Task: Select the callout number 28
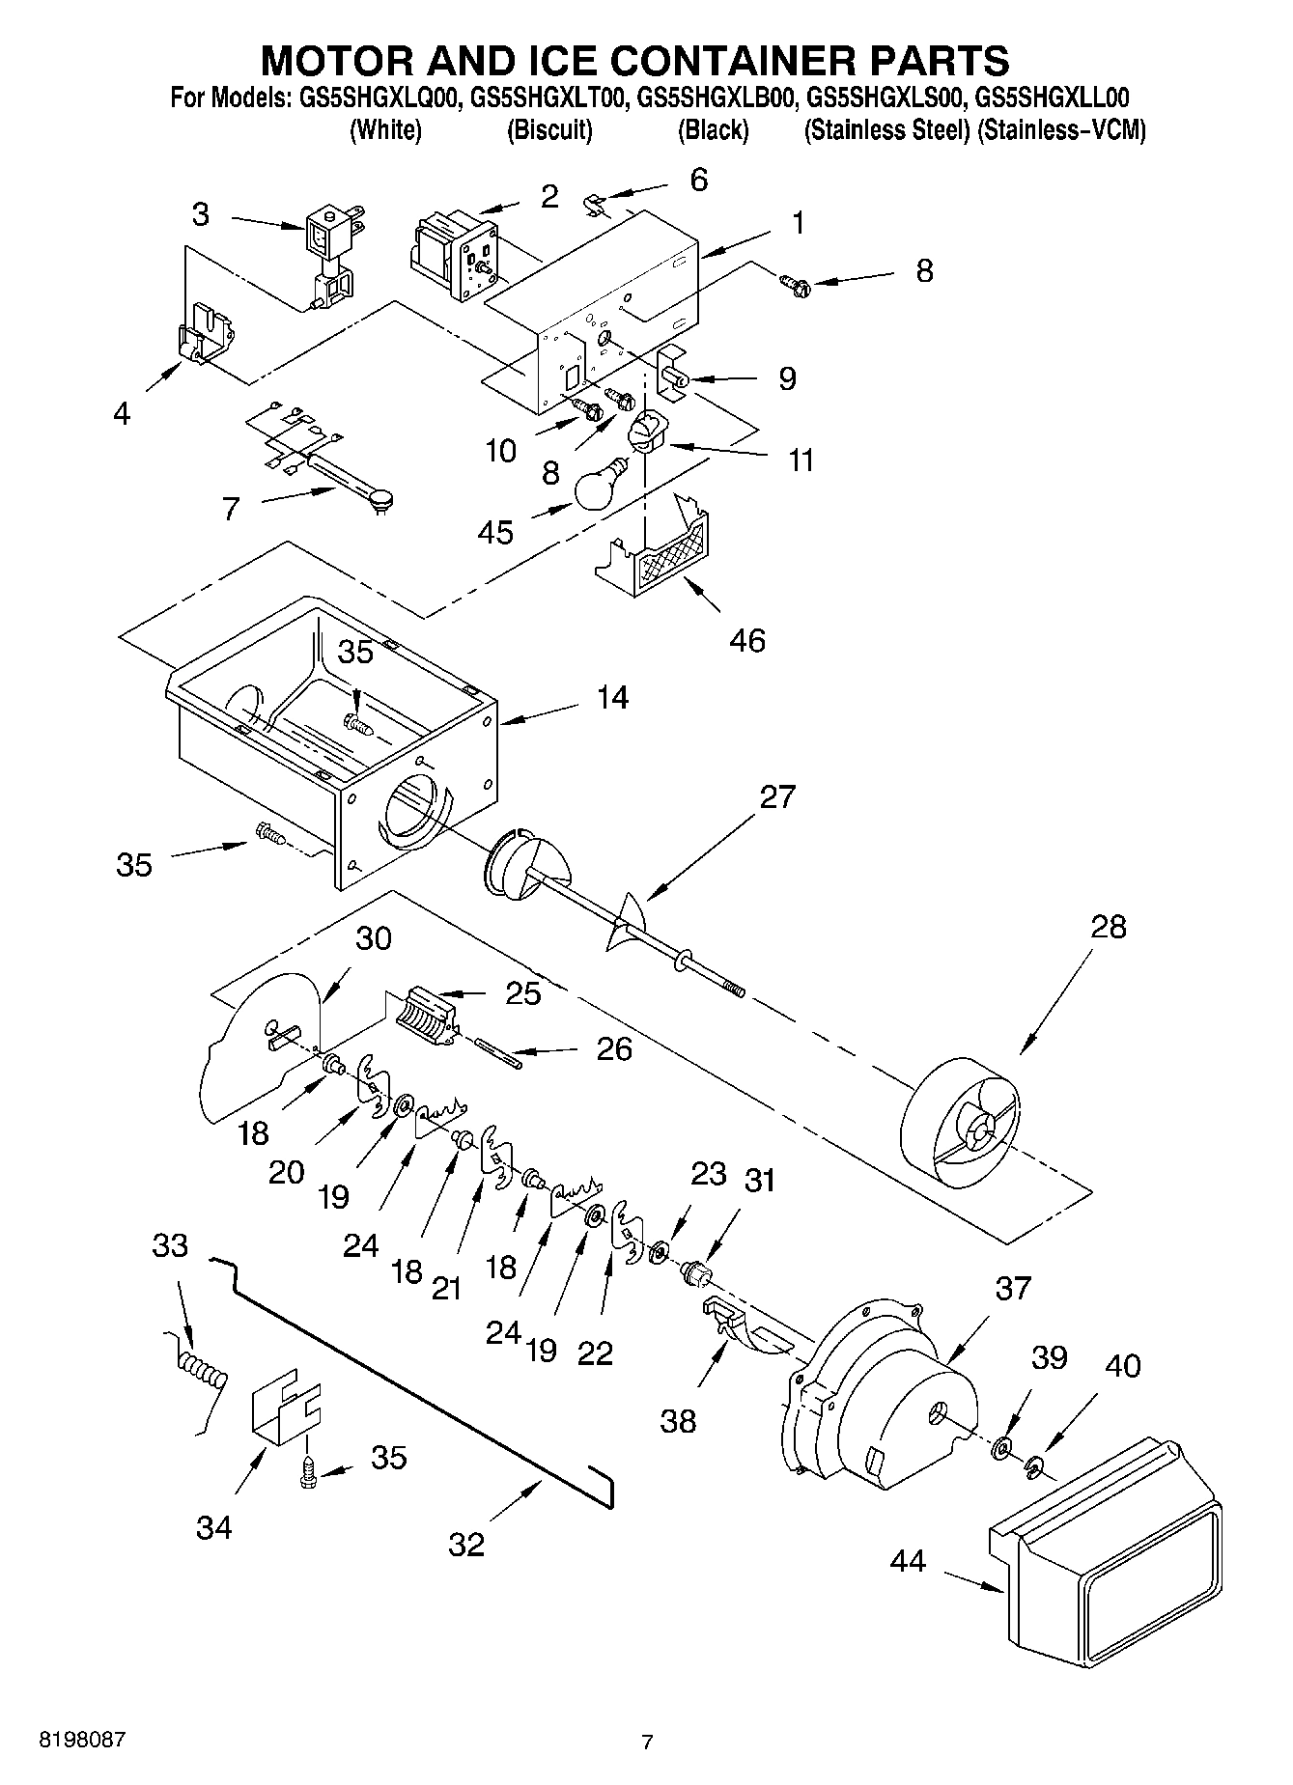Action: [x=1108, y=927]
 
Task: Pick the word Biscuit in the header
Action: [x=549, y=130]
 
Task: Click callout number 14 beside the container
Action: [x=612, y=696]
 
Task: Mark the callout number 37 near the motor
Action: [x=1013, y=1288]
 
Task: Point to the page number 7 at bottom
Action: [x=647, y=1742]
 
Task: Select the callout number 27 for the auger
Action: [x=777, y=796]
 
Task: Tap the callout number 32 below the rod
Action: [x=465, y=1545]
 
